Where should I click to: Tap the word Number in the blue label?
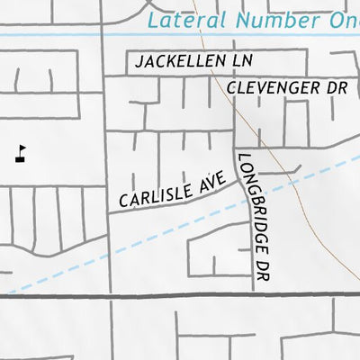coord(266,20)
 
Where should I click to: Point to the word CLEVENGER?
coord(274,87)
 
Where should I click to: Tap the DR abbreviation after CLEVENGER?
coord(337,87)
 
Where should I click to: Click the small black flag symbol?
coord(22,154)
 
